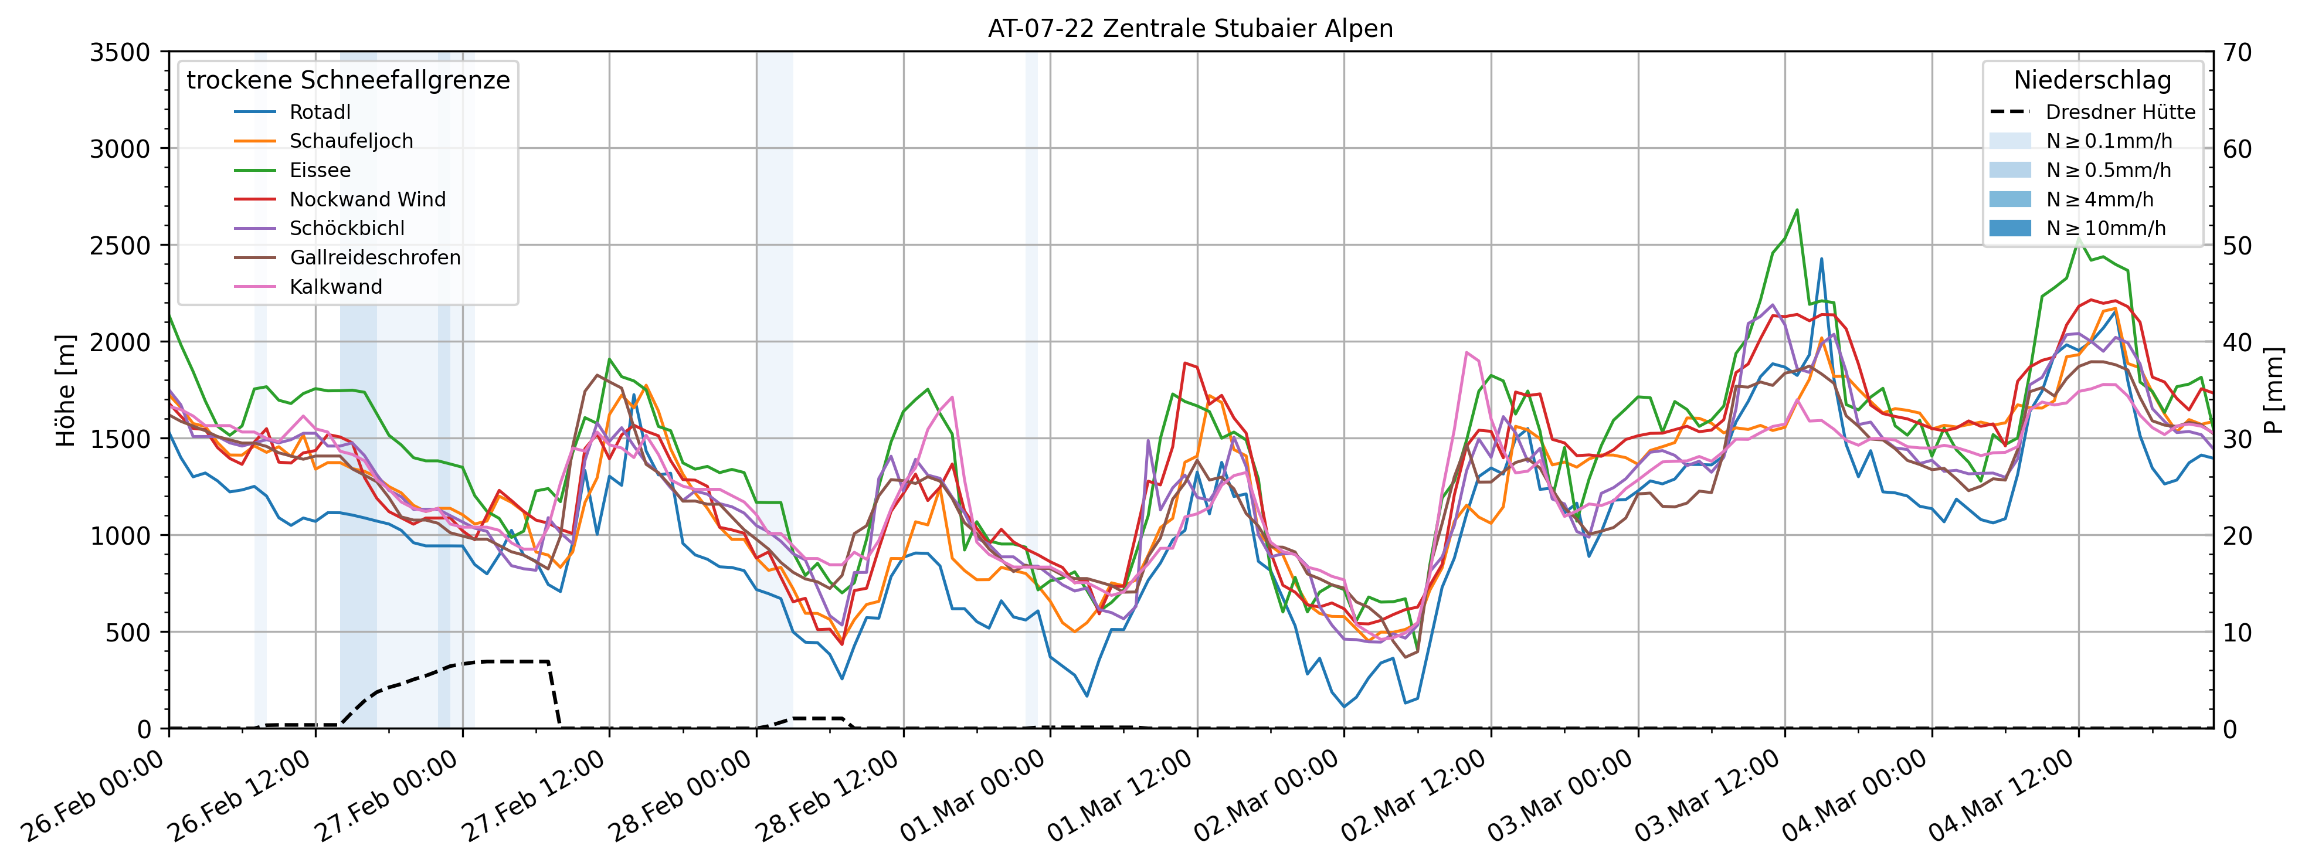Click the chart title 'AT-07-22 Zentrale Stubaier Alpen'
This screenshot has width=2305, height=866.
click(x=1190, y=29)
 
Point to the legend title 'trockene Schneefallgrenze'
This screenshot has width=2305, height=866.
click(x=348, y=80)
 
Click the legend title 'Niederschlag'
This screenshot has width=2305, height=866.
click(x=2092, y=80)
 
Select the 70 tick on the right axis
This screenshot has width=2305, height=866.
click(x=2238, y=52)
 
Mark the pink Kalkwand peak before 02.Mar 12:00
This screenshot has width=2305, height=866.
click(x=1466, y=352)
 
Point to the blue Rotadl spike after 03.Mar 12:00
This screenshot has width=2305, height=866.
click(x=1821, y=259)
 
